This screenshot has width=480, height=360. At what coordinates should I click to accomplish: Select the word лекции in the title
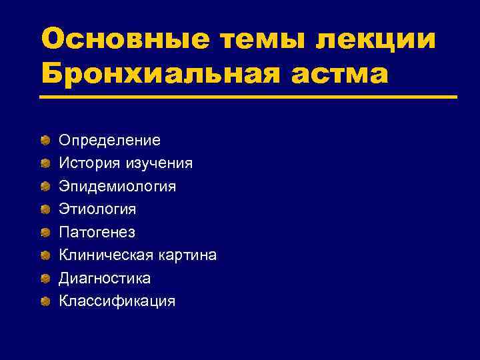tap(378, 38)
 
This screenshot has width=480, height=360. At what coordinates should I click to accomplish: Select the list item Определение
tap(109, 140)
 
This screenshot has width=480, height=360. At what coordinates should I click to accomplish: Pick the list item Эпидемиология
tap(117, 186)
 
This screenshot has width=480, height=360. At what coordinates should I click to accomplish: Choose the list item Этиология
tap(97, 209)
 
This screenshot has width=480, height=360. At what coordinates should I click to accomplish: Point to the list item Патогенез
tap(97, 232)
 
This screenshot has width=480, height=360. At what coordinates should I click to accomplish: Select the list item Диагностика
tap(105, 278)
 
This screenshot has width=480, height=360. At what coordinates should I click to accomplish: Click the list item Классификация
tap(117, 301)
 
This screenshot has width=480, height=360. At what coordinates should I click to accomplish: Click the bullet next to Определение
tap(45, 140)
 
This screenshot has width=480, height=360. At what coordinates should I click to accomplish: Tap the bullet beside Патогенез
tap(45, 232)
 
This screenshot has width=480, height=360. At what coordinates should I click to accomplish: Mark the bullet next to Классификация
tap(45, 301)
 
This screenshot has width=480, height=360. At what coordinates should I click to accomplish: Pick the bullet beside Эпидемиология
tap(45, 186)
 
